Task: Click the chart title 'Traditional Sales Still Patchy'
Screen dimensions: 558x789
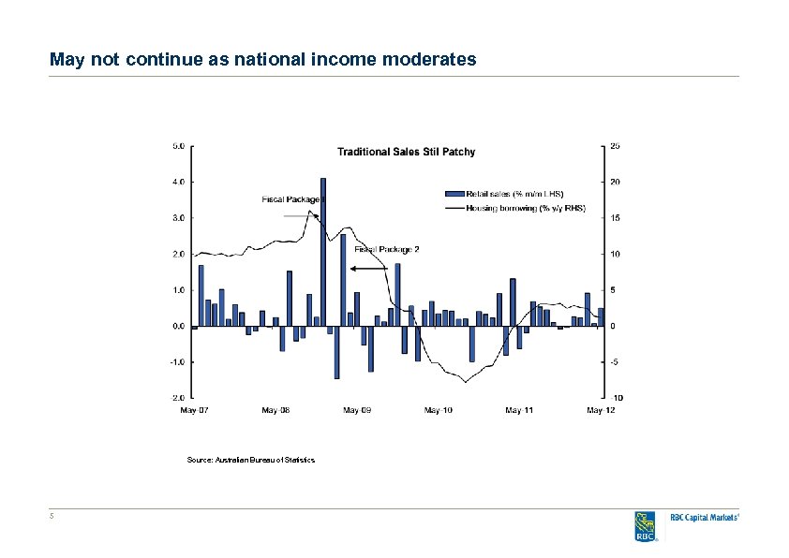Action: tap(406, 152)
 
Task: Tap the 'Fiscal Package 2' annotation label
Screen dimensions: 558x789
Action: tap(387, 249)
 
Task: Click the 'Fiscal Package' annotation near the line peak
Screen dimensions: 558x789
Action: tap(291, 198)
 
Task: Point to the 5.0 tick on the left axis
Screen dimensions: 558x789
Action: tap(178, 145)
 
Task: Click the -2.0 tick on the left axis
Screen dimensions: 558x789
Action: tap(177, 398)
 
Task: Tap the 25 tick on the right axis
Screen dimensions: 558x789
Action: tap(614, 145)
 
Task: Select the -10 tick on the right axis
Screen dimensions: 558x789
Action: tap(616, 398)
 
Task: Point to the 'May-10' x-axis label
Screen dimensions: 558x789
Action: tap(438, 410)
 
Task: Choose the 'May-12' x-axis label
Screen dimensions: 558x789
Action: tap(600, 410)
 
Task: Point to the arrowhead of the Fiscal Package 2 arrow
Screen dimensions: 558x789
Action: tap(353, 269)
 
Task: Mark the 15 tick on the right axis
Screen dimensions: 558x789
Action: tap(614, 217)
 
